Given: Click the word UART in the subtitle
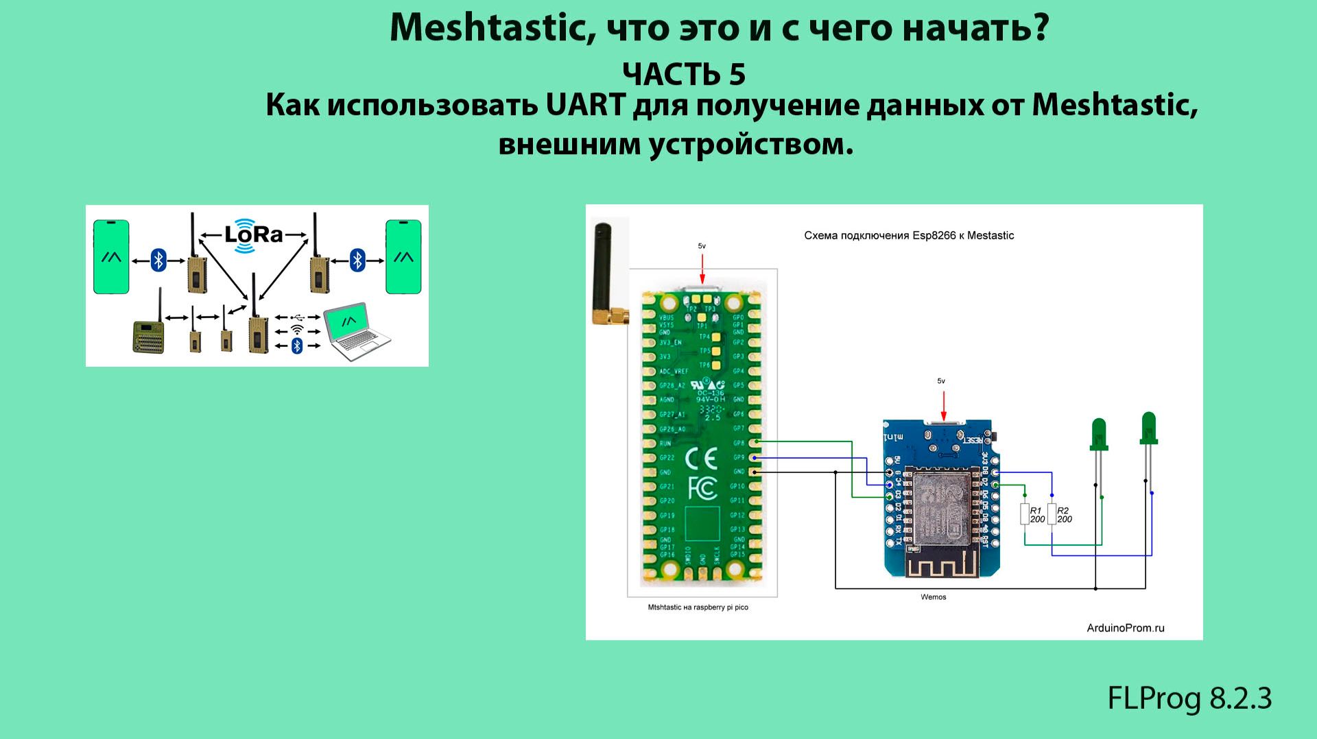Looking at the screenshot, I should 586,106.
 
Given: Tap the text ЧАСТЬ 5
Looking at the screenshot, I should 683,75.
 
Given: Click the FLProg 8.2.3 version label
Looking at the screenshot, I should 1189,699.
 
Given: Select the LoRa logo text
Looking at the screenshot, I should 254,235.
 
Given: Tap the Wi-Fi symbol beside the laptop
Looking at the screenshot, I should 297,329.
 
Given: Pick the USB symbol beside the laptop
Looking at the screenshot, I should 297,317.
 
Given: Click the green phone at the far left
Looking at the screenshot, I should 111,256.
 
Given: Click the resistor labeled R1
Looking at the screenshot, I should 1025,514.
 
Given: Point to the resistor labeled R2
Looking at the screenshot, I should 1052,514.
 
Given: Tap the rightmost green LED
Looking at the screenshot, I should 1148,428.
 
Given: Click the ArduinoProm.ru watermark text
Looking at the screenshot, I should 1126,627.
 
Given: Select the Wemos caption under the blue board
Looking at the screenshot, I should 933,597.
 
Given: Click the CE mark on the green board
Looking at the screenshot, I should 702,458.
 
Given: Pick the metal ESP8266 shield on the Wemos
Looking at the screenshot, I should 942,503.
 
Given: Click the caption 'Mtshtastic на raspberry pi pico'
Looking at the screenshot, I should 698,607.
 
